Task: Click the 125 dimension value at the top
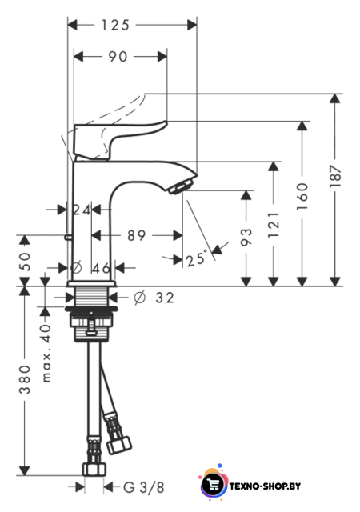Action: (115, 25)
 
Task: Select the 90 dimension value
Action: (118, 57)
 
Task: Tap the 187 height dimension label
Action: (335, 176)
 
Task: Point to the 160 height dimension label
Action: (302, 197)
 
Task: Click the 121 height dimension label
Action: (274, 225)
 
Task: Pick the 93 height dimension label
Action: (246, 237)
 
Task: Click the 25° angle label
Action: (197, 258)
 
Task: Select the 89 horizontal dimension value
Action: (136, 235)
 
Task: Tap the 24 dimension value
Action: (82, 210)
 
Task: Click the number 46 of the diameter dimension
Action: (102, 269)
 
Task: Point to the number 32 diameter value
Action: (165, 298)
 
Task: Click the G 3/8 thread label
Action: (144, 487)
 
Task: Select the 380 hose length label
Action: (25, 379)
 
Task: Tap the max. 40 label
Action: (46, 353)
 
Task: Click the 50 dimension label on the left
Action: (25, 262)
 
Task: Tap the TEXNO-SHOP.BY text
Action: (265, 486)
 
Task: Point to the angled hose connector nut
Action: (119, 446)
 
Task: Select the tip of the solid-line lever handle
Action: (166, 122)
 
